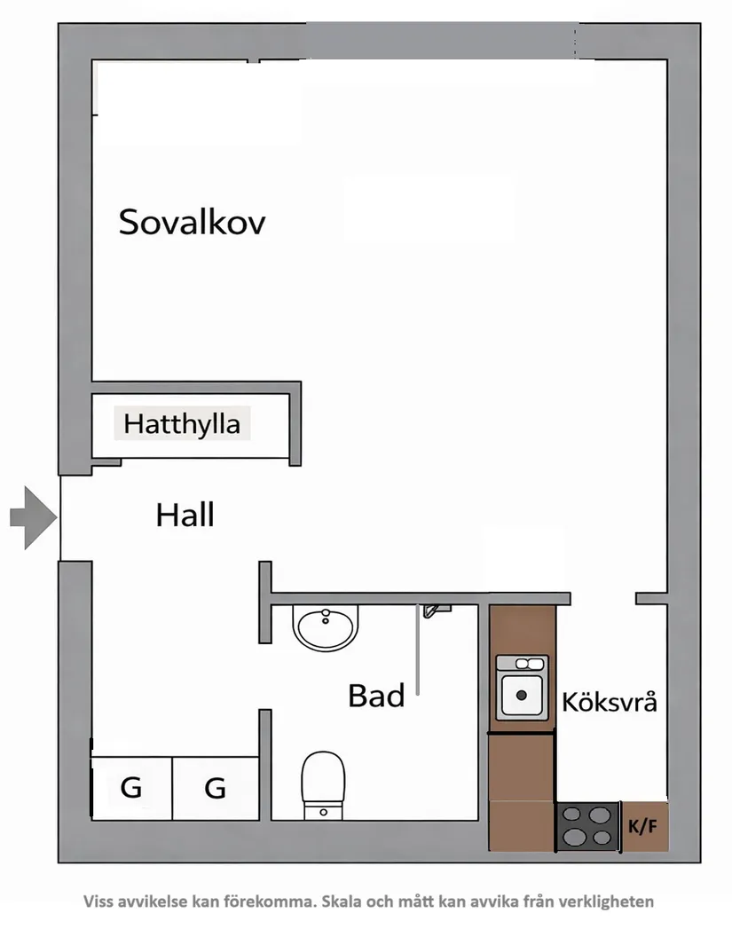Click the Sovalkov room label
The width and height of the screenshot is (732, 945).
[192, 222]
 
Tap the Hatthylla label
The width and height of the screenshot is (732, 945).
[182, 424]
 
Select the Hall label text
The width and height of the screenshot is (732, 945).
[185, 515]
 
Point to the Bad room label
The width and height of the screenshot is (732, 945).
[376, 697]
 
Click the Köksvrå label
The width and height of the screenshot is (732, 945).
[610, 703]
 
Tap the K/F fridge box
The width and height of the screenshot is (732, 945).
[644, 827]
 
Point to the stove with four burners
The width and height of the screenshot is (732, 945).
[586, 826]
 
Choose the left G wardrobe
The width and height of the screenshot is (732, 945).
[131, 787]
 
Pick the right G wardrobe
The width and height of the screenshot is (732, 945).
[215, 787]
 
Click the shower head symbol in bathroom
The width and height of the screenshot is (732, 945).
[434, 610]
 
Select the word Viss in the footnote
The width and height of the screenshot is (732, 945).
[99, 902]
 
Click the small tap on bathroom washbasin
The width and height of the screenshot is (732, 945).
[326, 613]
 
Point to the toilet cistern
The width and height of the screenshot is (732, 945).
[322, 811]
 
